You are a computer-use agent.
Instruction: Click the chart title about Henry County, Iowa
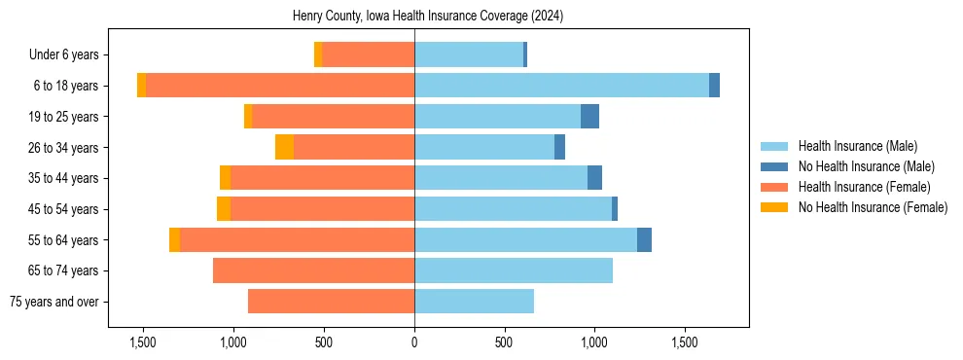[428, 17]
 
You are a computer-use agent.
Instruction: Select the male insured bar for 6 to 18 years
[561, 86]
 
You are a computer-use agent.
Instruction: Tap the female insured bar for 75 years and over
[331, 302]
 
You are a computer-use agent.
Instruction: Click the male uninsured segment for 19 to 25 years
[589, 117]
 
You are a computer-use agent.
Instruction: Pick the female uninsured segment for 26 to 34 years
[284, 147]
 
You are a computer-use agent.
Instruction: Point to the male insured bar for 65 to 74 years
[513, 270]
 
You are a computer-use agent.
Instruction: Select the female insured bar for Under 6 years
[368, 54]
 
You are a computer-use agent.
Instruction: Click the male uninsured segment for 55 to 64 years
[644, 239]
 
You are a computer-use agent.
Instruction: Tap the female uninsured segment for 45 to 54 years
[224, 209]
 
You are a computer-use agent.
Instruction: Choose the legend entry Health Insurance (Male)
[857, 146]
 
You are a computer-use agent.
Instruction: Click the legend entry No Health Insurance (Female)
[873, 207]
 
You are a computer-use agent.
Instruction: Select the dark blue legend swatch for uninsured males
[775, 166]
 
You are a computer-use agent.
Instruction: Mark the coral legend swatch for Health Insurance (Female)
[775, 187]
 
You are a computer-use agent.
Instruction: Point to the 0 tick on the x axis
[414, 342]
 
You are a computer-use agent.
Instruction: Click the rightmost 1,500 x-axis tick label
[685, 342]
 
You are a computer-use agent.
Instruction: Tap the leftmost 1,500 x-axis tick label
[143, 342]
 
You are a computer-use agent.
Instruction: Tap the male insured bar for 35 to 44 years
[501, 178]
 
